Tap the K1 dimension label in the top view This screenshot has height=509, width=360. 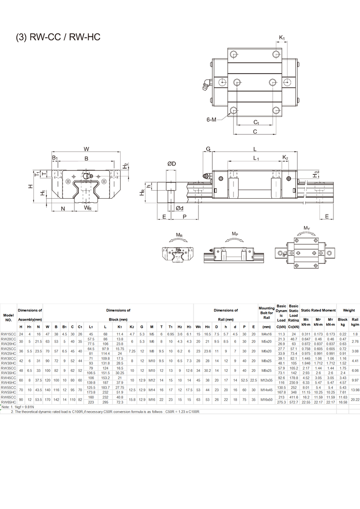pos(282,37)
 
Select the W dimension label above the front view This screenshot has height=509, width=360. pos(86,149)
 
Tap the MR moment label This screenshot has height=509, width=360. pos(179,235)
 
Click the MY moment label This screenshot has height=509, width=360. pos(306,228)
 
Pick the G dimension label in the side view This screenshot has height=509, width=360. pos(208,149)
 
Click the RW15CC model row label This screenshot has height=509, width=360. pos(9,334)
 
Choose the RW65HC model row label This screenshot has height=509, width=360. pos(9,402)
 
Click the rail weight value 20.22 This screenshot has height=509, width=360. pos(354,399)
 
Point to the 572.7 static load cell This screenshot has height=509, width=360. pos(294,402)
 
